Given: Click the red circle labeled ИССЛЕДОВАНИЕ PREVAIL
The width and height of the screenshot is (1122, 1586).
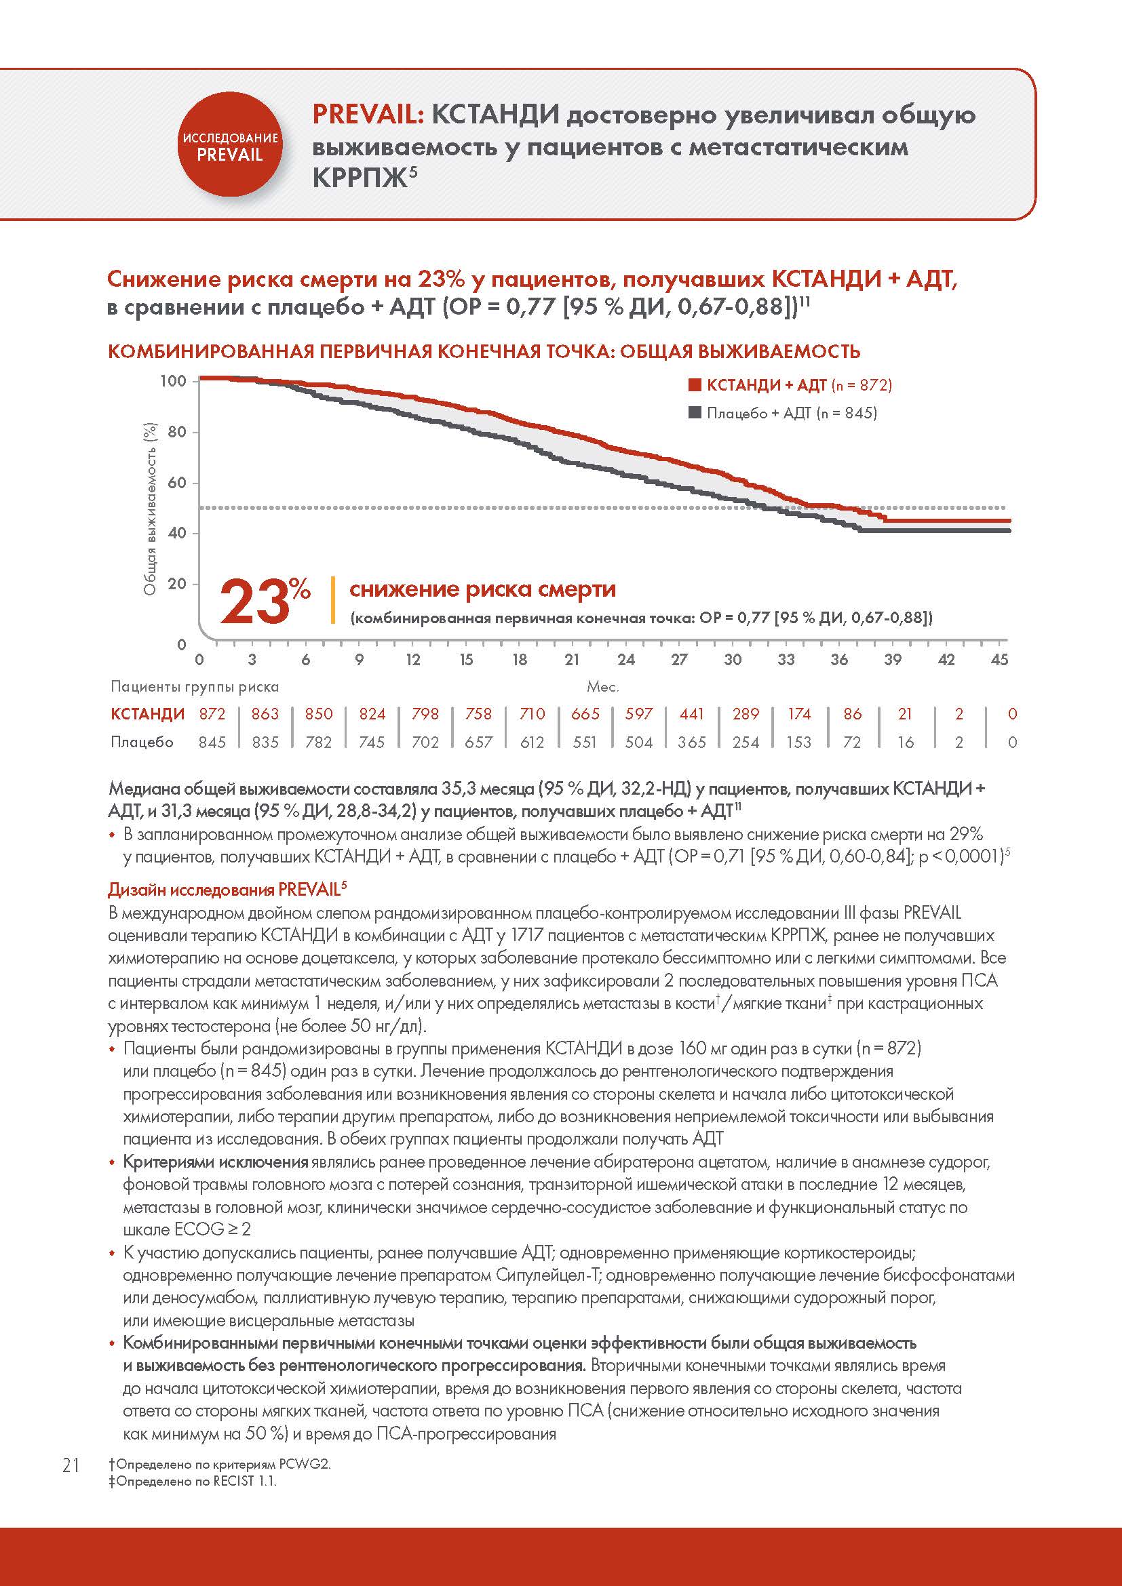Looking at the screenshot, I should (x=229, y=146).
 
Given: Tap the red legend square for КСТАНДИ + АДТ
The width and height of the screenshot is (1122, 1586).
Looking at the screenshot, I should (x=695, y=384).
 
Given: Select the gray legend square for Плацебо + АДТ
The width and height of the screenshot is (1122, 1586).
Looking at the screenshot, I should (x=695, y=413).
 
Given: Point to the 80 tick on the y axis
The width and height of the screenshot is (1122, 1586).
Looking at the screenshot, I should (x=177, y=433).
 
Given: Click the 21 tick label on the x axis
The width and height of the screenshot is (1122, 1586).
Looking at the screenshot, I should (x=572, y=660).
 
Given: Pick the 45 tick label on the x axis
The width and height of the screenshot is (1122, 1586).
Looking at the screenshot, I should (x=999, y=660).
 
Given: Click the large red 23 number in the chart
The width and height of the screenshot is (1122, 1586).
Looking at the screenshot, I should (x=254, y=601).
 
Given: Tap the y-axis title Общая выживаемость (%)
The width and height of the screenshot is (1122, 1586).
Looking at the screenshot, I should (x=151, y=509).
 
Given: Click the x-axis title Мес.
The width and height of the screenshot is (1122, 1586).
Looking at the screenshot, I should (x=602, y=688).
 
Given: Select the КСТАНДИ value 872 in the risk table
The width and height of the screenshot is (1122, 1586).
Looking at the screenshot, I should (x=212, y=713).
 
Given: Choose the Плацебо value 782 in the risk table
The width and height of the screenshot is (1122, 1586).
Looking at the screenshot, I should (x=319, y=742).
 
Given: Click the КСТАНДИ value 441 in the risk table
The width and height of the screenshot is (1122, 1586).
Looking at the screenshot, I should (x=691, y=713).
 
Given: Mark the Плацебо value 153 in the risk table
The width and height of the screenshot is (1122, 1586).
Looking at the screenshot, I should (x=798, y=742).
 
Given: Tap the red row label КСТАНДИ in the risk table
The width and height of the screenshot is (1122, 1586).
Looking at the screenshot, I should (x=147, y=713).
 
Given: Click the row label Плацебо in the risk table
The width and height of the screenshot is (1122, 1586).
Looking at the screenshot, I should (x=142, y=742).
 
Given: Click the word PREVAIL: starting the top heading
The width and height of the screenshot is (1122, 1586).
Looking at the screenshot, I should (x=368, y=115).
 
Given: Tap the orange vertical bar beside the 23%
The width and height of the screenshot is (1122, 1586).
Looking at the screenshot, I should (x=334, y=600).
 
